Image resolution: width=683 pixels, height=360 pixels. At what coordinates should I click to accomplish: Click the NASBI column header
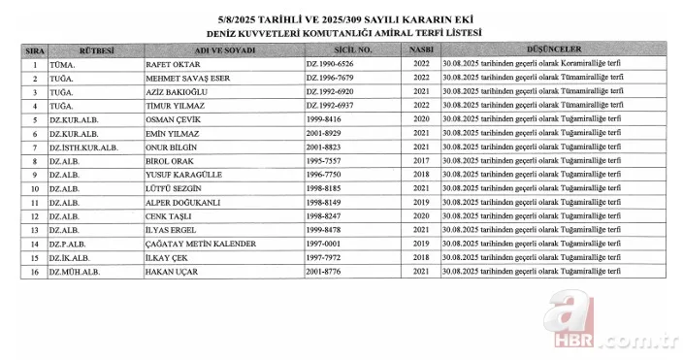point(419,48)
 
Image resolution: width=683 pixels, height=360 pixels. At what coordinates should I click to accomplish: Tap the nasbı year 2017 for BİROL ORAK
point(419,161)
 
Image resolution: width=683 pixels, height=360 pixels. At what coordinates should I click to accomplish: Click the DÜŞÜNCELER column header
point(555,48)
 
